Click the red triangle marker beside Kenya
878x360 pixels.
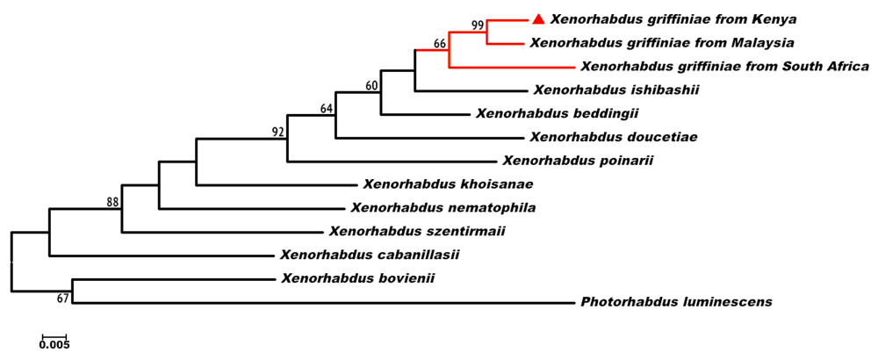tap(539, 18)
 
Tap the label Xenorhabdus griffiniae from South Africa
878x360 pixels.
tap(724, 66)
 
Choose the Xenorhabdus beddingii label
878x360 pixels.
tap(557, 113)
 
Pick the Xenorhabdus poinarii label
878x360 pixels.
tap(578, 161)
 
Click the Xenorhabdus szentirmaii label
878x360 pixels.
tap(417, 232)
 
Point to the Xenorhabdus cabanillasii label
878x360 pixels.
tap(370, 256)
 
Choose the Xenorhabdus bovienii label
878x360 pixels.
tap(358, 279)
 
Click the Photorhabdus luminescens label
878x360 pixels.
tap(676, 302)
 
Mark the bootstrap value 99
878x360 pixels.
tap(478, 25)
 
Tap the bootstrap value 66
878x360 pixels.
tap(441, 43)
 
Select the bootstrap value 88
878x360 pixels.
tap(113, 203)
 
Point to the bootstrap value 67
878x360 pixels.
tap(63, 299)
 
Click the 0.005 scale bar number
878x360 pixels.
tap(54, 345)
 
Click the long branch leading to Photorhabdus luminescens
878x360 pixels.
tap(325, 302)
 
